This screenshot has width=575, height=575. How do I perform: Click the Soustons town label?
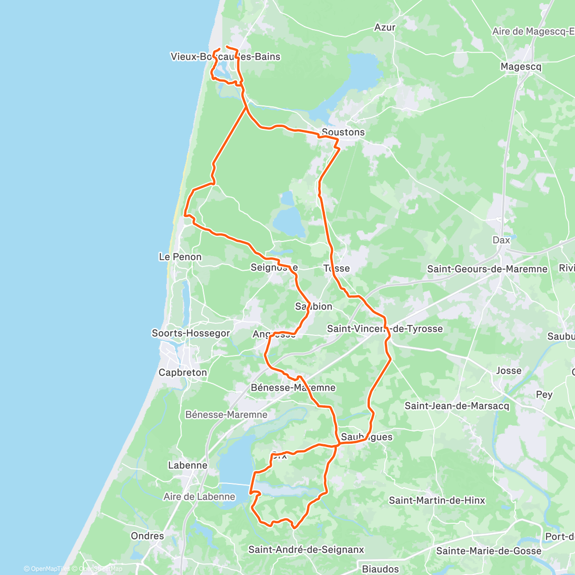click(x=343, y=132)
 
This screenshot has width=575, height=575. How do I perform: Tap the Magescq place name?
click(x=521, y=67)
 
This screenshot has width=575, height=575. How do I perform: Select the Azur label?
click(x=385, y=27)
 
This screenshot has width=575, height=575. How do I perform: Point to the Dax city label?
click(x=501, y=240)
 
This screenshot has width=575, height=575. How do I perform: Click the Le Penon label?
click(x=180, y=257)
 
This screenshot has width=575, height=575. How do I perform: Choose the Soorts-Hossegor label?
click(x=191, y=333)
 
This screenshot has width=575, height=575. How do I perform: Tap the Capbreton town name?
click(x=183, y=372)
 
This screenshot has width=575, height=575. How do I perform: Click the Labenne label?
click(x=188, y=465)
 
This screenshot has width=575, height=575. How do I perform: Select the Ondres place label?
click(x=148, y=536)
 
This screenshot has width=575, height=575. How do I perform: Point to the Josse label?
click(x=508, y=370)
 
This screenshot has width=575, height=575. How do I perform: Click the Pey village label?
click(x=544, y=394)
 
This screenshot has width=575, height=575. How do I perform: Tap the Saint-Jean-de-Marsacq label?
click(x=457, y=406)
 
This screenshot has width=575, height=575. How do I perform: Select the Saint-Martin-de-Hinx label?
click(x=437, y=500)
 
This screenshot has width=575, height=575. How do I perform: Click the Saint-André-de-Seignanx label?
click(x=306, y=550)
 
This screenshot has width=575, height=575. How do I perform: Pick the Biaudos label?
click(x=380, y=569)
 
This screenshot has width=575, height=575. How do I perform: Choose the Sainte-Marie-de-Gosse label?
click(x=489, y=551)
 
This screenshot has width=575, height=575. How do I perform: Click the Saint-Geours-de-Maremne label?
click(x=487, y=269)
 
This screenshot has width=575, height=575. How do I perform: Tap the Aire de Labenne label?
click(x=199, y=496)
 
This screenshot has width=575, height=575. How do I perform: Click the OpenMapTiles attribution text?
click(x=46, y=569)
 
